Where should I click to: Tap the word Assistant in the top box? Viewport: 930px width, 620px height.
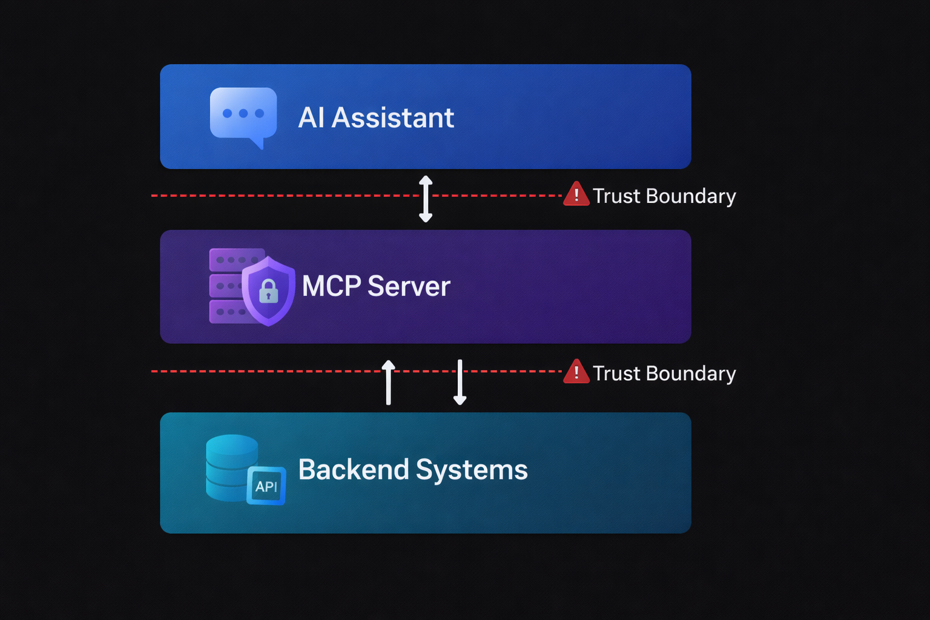coord(393,117)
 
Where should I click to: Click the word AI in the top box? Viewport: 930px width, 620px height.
coord(311,117)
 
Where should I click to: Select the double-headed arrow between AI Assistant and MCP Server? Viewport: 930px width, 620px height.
coord(426,199)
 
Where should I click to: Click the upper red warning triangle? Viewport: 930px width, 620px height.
coord(576,195)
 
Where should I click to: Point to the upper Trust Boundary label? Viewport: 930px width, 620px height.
coord(664,196)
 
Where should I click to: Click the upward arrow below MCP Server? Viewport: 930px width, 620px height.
coord(389,382)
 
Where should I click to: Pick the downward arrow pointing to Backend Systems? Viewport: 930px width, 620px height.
coord(460,382)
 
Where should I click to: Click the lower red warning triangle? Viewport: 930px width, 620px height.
coord(576,372)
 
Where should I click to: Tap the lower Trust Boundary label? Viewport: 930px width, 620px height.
coord(664,374)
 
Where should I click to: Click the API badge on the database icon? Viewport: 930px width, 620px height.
coord(266,486)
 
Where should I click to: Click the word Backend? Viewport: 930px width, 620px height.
coord(354,470)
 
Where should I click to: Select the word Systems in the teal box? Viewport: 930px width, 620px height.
coord(472,470)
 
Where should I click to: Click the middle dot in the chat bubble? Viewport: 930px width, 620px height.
coord(243,113)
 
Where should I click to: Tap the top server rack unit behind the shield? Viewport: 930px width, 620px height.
coord(230,259)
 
